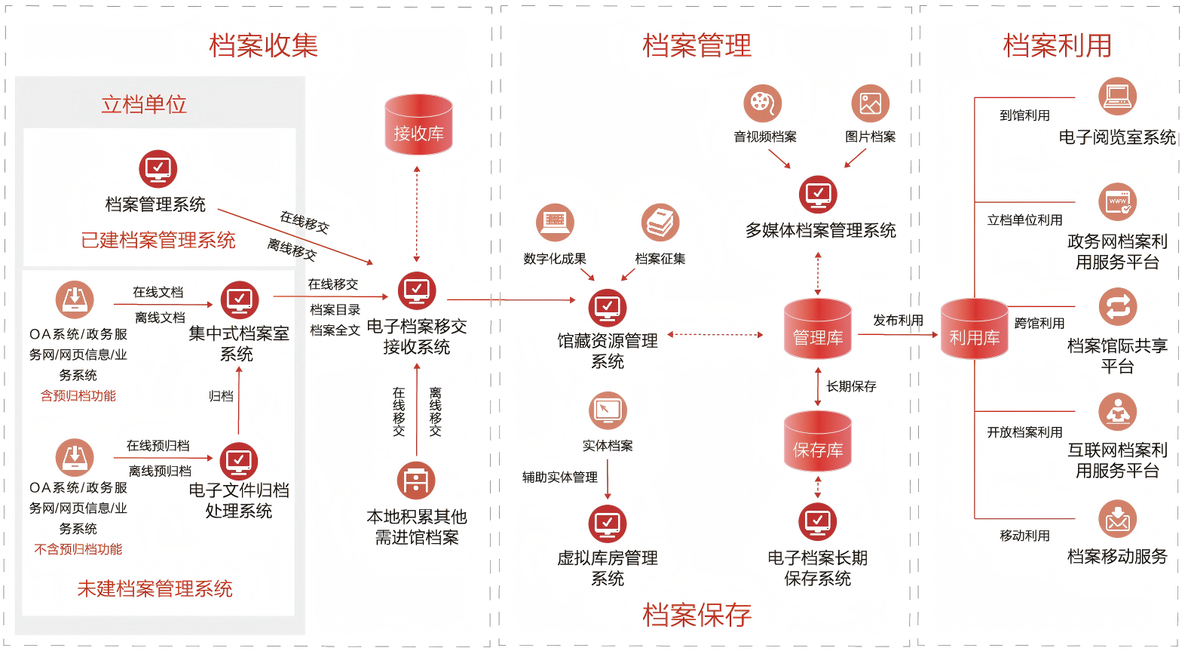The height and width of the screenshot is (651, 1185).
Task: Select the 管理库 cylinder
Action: click(x=817, y=330)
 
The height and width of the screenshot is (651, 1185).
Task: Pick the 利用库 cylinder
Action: click(x=974, y=330)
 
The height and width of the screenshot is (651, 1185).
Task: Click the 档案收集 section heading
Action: click(x=263, y=45)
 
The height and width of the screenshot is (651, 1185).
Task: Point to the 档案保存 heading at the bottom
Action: click(x=697, y=615)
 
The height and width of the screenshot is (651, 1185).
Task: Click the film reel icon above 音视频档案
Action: click(x=762, y=103)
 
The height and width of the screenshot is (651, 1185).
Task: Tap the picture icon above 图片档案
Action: click(x=870, y=103)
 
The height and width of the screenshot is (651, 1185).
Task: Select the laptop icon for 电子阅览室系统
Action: click(x=1117, y=96)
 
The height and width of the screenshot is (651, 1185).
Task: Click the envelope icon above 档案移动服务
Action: click(x=1117, y=519)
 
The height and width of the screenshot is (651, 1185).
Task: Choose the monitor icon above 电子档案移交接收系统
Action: click(x=417, y=290)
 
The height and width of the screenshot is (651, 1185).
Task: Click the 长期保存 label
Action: click(x=851, y=386)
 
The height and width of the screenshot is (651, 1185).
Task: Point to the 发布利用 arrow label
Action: click(x=898, y=320)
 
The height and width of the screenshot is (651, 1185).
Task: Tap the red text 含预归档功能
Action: click(x=78, y=395)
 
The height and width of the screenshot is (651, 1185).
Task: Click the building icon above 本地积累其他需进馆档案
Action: click(x=416, y=481)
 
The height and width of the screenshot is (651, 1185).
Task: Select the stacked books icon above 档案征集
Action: click(x=660, y=223)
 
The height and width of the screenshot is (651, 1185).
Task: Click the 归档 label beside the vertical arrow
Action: click(x=221, y=395)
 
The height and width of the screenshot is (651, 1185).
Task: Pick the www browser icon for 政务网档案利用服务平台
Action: click(x=1117, y=202)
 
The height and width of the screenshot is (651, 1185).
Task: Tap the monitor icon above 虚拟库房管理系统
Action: click(x=608, y=523)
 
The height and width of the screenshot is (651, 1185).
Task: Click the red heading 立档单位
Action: click(x=144, y=104)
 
